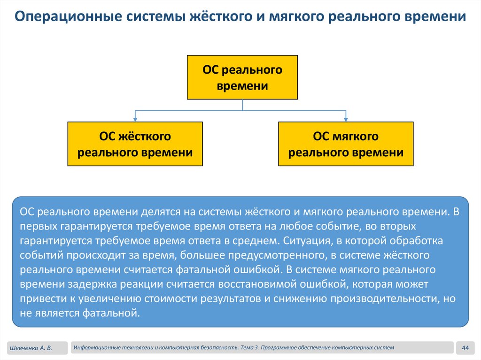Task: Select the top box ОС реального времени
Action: [242, 77]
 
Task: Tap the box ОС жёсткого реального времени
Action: [135, 144]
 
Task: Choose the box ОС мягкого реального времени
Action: [346, 144]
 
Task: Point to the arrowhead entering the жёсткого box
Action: [135, 119]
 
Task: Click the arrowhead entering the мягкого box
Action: [346, 119]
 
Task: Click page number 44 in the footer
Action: [466, 348]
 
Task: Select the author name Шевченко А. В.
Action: [30, 348]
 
